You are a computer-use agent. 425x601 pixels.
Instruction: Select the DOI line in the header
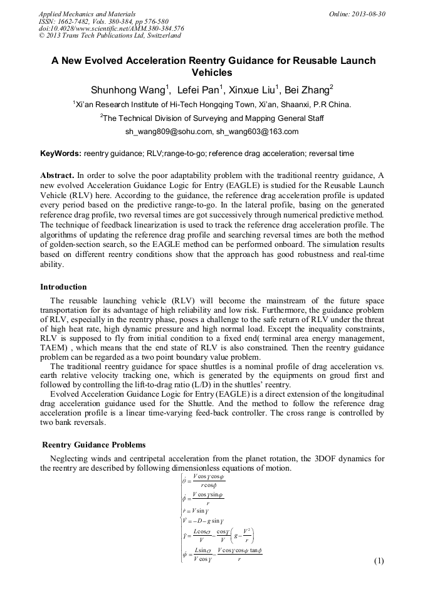click(x=111, y=28)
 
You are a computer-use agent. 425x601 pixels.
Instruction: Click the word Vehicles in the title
click(x=212, y=73)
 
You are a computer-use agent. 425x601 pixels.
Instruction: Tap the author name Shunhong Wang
click(x=127, y=88)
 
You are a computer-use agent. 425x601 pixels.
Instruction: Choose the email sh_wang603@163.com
click(x=257, y=132)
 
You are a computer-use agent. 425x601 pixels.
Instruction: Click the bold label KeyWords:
click(x=60, y=154)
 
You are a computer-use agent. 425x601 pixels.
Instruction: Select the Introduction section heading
click(x=63, y=287)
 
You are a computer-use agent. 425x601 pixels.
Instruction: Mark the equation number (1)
click(x=378, y=561)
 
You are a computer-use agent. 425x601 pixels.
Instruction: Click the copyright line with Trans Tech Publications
click(x=110, y=36)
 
